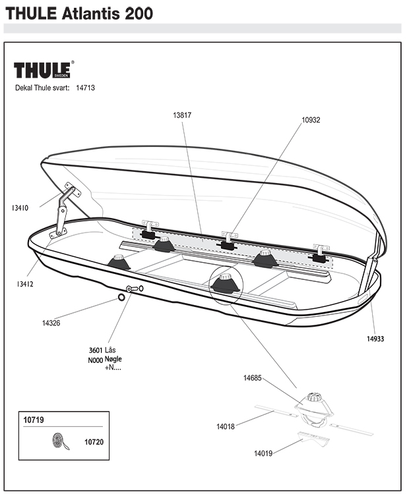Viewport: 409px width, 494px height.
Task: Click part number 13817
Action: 182,115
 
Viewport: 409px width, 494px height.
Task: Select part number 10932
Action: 311,120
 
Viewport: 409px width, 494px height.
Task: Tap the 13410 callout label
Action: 20,208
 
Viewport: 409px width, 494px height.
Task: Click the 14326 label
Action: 51,323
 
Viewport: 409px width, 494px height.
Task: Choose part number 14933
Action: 375,339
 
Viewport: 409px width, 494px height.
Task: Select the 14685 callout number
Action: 253,378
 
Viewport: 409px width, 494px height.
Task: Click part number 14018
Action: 226,427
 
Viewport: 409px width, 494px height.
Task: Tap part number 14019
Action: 264,453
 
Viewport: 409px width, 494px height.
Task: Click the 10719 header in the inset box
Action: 34,419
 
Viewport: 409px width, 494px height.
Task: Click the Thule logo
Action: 44,70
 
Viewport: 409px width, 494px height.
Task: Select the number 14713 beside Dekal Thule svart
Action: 86,87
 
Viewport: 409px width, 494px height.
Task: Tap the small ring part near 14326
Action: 122,298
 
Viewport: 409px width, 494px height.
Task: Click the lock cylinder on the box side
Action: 133,290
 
